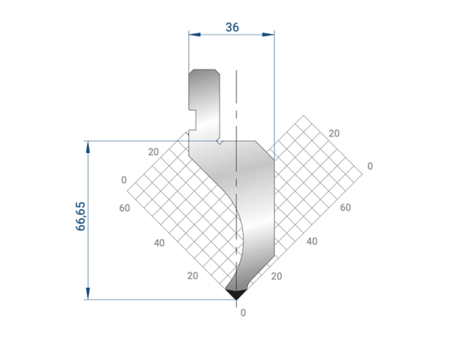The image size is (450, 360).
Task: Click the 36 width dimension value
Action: coord(232,27)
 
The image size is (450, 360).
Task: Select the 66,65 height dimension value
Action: coord(80,216)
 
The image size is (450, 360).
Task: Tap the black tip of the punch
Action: coord(236,294)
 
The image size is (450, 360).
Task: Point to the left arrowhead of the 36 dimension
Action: coord(195,35)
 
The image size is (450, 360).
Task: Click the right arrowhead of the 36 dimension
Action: coord(268,35)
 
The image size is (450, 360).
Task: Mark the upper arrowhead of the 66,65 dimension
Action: coord(88,147)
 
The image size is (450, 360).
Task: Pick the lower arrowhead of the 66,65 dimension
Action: coord(88,294)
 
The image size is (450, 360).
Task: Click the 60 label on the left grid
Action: coord(125,208)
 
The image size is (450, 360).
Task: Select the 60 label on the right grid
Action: coord(345,207)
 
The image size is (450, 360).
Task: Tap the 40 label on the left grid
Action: coord(159,243)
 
